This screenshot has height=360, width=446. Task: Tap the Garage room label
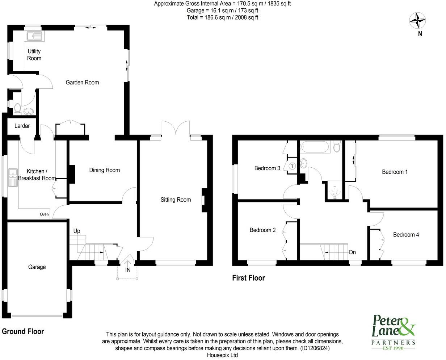tap(37, 267)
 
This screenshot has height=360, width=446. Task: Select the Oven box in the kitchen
tap(44, 214)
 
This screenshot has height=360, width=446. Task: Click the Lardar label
tap(22, 126)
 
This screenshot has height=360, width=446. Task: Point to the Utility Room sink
tap(35, 35)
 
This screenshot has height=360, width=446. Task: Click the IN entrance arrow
tap(128, 263)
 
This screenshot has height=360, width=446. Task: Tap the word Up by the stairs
tap(77, 231)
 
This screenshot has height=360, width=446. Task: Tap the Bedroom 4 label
tap(406, 235)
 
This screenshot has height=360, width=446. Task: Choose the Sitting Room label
tap(176, 200)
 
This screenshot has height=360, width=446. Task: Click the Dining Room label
tap(105, 170)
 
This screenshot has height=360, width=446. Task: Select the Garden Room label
tap(82, 83)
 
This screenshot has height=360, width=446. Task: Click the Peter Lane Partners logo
tap(394, 331)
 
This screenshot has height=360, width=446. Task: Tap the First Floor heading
tap(248, 278)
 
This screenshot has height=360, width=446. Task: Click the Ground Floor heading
tap(23, 331)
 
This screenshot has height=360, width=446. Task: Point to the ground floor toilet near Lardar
tap(17, 108)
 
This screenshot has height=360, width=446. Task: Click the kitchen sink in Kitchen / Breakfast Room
tap(13, 177)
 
